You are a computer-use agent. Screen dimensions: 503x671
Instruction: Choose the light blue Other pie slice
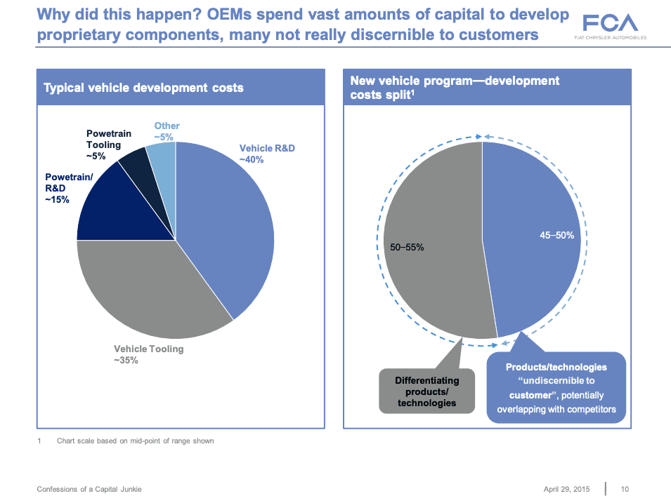tap(161, 156)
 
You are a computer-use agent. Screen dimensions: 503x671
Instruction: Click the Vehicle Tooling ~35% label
tap(148, 354)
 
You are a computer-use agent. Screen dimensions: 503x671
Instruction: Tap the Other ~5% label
tap(167, 131)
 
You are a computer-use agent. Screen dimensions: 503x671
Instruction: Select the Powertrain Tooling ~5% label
tap(103, 145)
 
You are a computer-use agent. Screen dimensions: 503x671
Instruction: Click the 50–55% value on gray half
tap(407, 248)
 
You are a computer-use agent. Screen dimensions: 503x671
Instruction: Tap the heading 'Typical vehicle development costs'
tap(143, 88)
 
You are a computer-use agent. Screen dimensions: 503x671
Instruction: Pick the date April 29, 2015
tap(566, 488)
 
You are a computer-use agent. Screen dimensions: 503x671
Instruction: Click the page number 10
tap(625, 488)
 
